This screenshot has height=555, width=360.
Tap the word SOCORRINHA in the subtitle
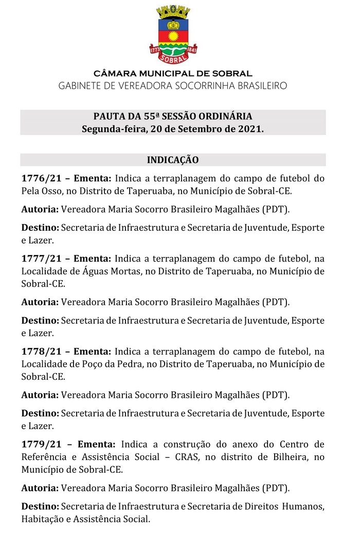[211, 86]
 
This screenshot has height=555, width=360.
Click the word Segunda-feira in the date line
[112, 128]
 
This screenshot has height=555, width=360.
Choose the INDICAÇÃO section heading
[173, 160]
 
